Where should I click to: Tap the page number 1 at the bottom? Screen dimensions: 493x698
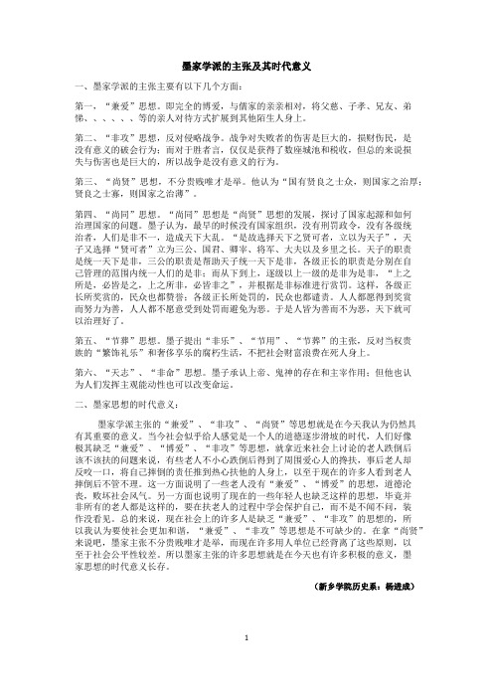(x=246, y=668)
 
